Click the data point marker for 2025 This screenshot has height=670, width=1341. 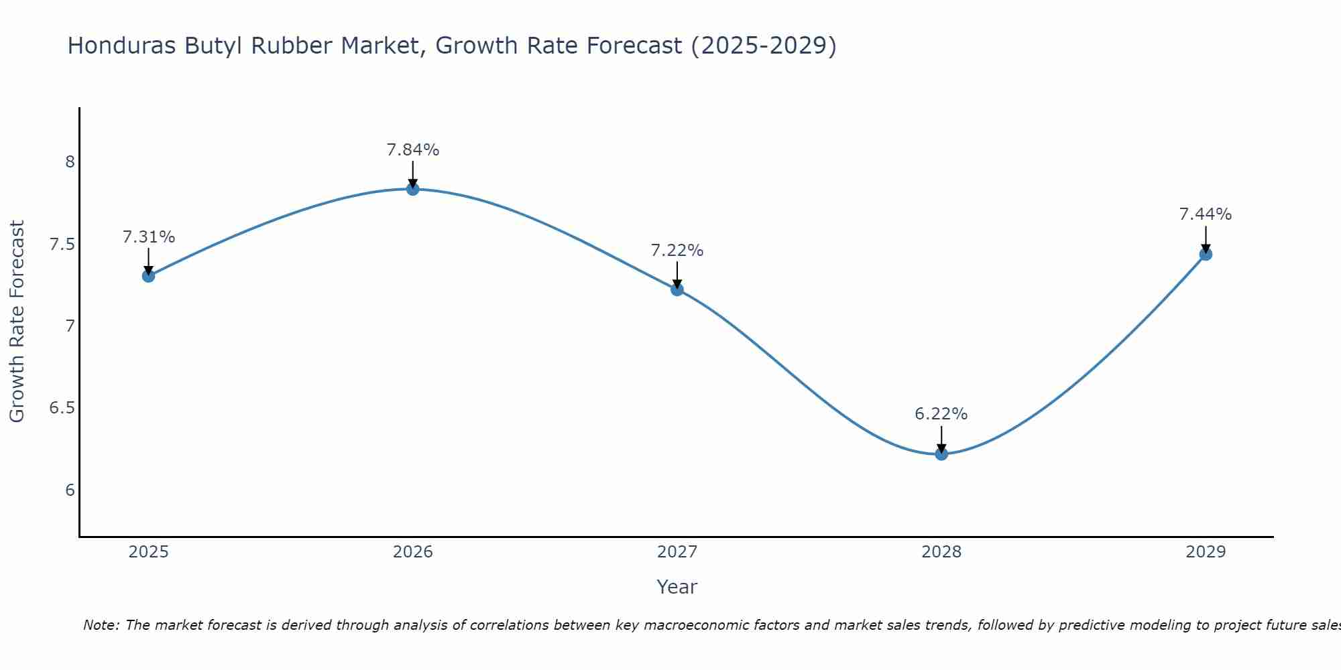[x=149, y=275]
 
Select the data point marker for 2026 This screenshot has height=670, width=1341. [x=413, y=189]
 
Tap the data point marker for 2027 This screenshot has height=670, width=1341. [x=677, y=289]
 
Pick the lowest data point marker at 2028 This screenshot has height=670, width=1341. [x=941, y=454]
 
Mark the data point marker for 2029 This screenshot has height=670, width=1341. [x=1206, y=254]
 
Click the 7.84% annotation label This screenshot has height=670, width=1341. [x=413, y=150]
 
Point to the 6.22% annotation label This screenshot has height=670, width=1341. [x=941, y=414]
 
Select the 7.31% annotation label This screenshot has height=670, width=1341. [x=149, y=237]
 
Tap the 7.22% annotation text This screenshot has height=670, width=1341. [x=677, y=251]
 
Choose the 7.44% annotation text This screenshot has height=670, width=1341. [x=1206, y=214]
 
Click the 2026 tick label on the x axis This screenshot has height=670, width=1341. [x=413, y=552]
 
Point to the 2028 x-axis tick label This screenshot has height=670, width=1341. [x=941, y=552]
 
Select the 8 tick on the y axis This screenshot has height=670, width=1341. [x=70, y=162]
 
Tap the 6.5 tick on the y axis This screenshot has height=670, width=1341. [x=62, y=408]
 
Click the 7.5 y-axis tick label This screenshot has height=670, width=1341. [x=62, y=244]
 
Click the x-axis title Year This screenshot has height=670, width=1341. [x=677, y=587]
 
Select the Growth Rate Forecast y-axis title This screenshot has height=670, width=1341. [x=17, y=322]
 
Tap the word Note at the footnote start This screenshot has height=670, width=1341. [x=101, y=625]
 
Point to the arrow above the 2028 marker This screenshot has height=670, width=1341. [x=941, y=439]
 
